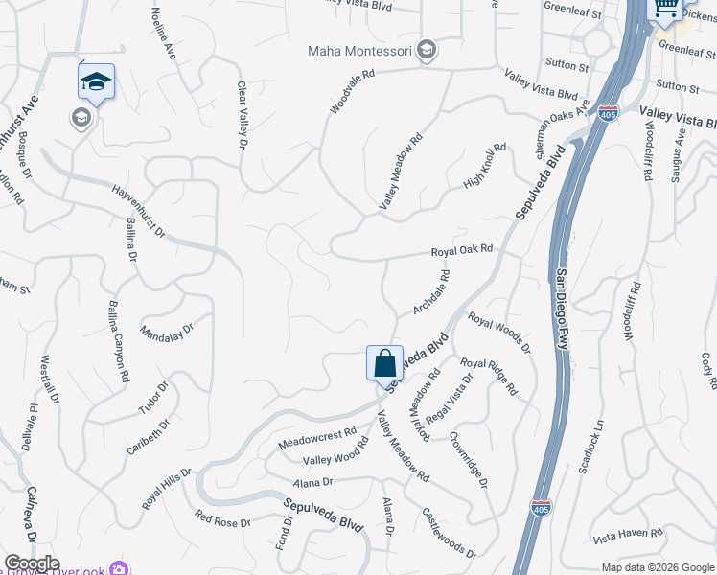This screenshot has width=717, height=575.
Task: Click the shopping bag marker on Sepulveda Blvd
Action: (384, 364)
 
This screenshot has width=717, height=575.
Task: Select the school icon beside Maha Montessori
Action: (428, 50)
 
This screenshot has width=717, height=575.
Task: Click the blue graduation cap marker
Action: (96, 82)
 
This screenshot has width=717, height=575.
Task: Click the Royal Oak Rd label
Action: (461, 249)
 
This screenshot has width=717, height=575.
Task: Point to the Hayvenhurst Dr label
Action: (138, 212)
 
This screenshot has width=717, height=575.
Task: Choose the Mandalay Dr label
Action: (167, 332)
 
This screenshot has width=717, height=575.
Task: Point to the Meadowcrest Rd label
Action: (316, 440)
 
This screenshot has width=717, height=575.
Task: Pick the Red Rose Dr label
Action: (221, 519)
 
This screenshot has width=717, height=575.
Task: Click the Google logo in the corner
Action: (32, 563)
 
